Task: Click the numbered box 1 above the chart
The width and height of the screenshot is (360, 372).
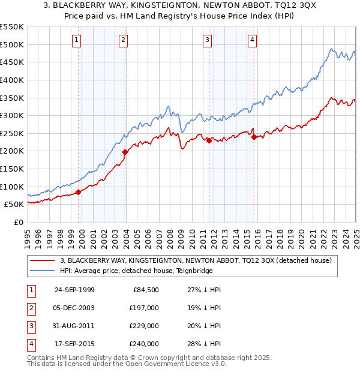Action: (77, 40)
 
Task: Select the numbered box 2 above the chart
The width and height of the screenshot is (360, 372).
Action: (123, 40)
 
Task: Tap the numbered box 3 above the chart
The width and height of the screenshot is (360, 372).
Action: (207, 40)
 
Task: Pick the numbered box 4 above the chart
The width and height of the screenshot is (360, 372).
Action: (253, 40)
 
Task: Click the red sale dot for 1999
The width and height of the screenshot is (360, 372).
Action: (79, 192)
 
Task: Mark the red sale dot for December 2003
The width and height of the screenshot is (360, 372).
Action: (125, 152)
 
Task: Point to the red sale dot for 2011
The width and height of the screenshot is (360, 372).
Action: (209, 140)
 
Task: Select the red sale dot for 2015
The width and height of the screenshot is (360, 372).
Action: (254, 137)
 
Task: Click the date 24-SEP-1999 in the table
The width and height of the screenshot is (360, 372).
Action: (74, 290)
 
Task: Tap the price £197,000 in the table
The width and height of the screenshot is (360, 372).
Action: (144, 308)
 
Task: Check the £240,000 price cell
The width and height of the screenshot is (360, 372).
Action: (144, 344)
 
